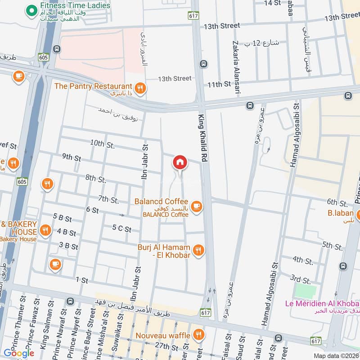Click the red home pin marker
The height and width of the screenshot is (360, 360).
pos(180,162)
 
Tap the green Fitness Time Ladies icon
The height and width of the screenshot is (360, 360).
pos(31,9)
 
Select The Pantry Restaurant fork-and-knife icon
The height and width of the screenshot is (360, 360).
pos(140,89)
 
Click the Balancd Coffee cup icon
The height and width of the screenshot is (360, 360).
pos(196,207)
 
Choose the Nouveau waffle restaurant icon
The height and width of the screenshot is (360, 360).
pos(198,334)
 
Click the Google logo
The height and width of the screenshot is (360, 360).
pos(19,353)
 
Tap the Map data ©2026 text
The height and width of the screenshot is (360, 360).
pos(336,356)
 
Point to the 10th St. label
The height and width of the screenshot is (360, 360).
pos(103,144)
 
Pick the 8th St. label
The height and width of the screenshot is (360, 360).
pos(95,179)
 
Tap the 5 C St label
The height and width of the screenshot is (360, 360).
pos(121,229)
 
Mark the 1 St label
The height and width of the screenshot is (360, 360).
pos(82,280)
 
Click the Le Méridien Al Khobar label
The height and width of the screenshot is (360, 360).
pos(322,303)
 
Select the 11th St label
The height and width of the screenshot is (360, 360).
pos(219,84)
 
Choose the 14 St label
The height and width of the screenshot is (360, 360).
pos(272,3)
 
